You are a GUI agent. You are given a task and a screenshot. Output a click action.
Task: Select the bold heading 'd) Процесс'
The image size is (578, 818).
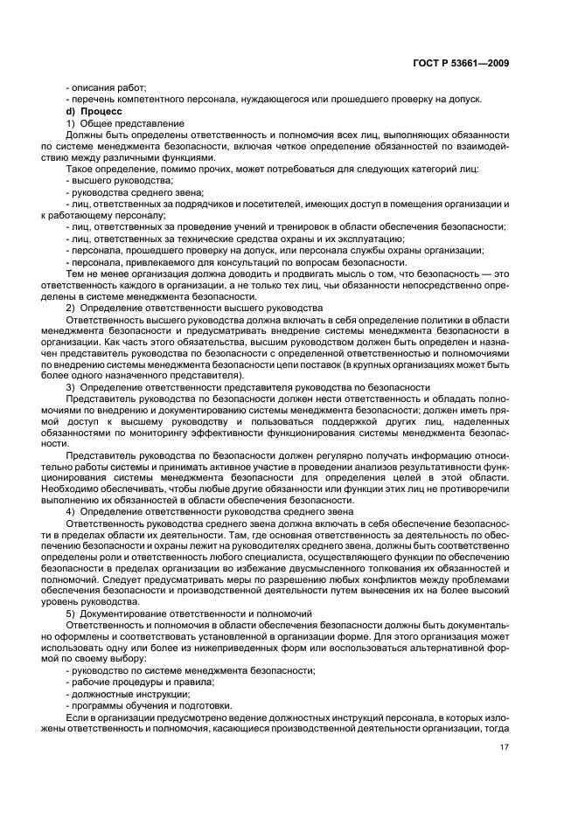point(97,112)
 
